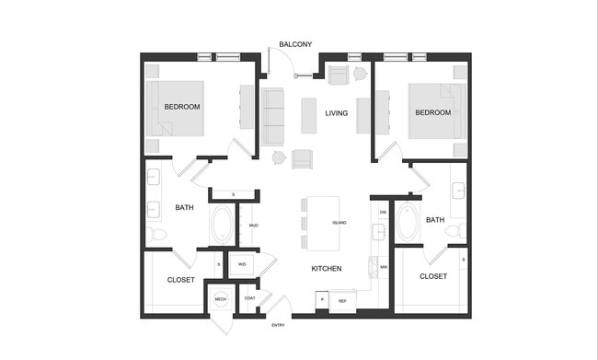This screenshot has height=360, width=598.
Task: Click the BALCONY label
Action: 295,44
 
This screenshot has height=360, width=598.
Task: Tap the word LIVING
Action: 337,113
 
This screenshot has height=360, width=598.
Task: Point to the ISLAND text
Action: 339,223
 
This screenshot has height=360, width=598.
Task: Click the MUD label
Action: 253,225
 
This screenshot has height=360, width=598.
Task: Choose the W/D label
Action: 242,264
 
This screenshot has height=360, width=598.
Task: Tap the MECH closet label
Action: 221,299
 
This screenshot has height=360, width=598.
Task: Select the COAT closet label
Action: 249,297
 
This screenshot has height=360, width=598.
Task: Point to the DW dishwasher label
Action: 383,212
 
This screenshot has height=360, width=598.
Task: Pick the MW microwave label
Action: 383,268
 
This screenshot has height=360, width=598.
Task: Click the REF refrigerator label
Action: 342,301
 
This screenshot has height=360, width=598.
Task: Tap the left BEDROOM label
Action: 182,107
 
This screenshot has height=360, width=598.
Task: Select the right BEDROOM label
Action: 432,112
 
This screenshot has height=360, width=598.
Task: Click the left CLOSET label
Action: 180,280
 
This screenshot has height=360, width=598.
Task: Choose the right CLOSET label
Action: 433,276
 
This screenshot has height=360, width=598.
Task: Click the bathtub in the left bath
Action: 223,224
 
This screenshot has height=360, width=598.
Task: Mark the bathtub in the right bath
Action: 407,222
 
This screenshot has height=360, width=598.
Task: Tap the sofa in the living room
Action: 272,117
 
